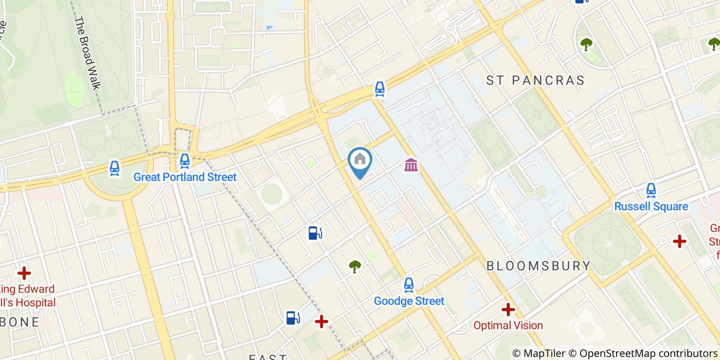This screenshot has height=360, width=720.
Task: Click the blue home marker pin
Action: [x=360, y=160]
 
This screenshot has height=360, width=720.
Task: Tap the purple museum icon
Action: [x=411, y=165]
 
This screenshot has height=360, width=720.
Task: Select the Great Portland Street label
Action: [x=185, y=177]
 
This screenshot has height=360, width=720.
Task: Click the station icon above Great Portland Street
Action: [x=185, y=161]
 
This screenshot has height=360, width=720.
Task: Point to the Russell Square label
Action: [x=651, y=206]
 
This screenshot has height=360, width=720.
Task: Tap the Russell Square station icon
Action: [x=651, y=190]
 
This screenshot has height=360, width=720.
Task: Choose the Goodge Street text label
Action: [x=409, y=301]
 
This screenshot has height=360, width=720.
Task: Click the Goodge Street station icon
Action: [x=409, y=284]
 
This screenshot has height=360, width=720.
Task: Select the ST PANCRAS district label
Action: [x=535, y=80]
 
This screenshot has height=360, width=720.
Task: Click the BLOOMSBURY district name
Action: [x=538, y=266]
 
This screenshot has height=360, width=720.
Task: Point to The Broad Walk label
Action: [x=86, y=53]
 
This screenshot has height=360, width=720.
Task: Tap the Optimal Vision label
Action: [x=508, y=325]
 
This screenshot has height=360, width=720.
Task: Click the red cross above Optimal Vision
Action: [x=508, y=309]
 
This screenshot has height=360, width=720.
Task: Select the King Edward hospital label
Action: [x=28, y=295]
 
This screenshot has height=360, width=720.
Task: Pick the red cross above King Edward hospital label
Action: [x=24, y=273]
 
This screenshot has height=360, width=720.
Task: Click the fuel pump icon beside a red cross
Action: [x=293, y=318]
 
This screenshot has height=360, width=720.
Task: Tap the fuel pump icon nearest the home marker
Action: [x=315, y=233]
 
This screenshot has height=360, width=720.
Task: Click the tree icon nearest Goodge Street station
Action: [x=355, y=266]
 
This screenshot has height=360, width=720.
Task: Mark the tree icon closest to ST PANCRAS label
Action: [x=586, y=44]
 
